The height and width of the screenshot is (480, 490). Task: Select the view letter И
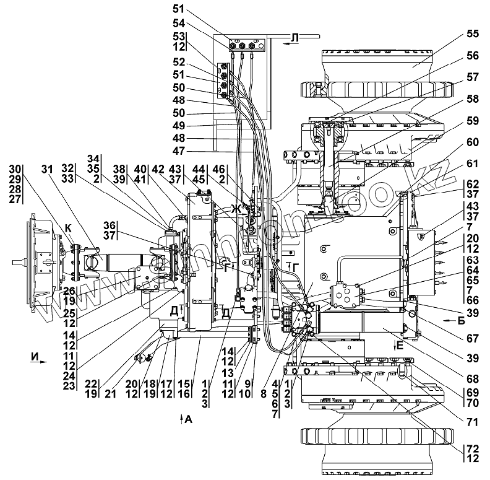pyautogui.click(x=33, y=357)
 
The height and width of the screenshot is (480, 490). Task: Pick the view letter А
pyautogui.click(x=189, y=420)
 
